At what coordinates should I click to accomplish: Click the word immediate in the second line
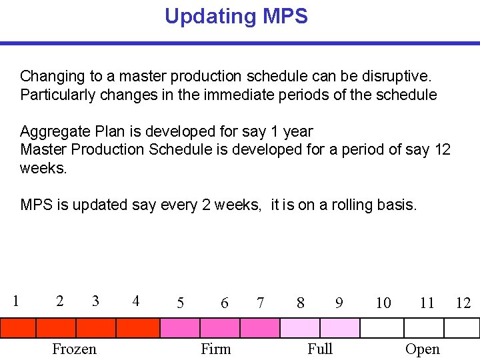pyautogui.click(x=219, y=95)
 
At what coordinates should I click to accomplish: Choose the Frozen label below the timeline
pyautogui.click(x=74, y=349)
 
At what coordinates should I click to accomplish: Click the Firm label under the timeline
pyautogui.click(x=216, y=349)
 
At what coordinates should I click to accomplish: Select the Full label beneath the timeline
pyautogui.click(x=320, y=349)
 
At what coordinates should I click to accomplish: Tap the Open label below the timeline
pyautogui.click(x=423, y=349)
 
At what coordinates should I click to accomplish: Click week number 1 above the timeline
pyautogui.click(x=15, y=301)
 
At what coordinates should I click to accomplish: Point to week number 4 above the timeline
pyautogui.click(x=136, y=301)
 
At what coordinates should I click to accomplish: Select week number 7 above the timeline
pyautogui.click(x=260, y=303)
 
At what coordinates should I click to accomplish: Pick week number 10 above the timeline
pyautogui.click(x=383, y=303)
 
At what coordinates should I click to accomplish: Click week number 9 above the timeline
pyautogui.click(x=339, y=303)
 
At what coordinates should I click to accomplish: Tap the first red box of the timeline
pyautogui.click(x=17, y=328)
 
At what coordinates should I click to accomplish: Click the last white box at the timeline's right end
pyautogui.click(x=462, y=328)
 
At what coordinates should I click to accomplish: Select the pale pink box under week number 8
pyautogui.click(x=300, y=328)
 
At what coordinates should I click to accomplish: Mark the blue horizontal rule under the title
pyautogui.click(x=240, y=43)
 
